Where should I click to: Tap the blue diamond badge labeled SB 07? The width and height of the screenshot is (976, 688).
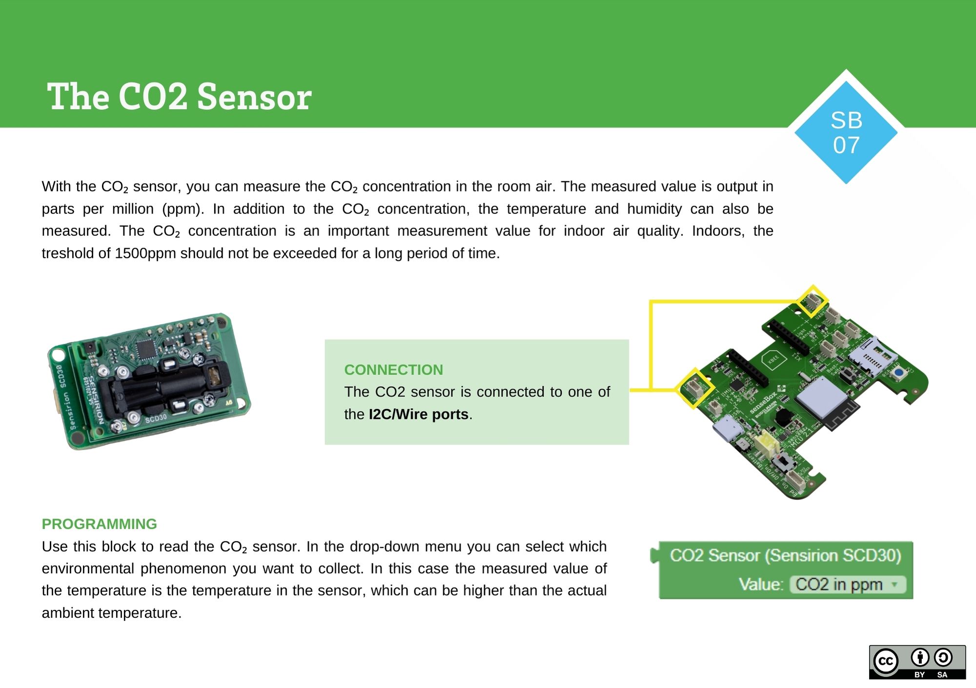846,133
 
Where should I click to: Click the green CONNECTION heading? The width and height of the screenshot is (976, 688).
393,370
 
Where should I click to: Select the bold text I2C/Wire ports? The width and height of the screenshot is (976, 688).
419,414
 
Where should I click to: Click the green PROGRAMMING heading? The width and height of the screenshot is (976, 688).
99,524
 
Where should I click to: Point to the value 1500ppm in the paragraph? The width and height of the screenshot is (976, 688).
145,253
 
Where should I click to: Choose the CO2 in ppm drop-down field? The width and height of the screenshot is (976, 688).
847,584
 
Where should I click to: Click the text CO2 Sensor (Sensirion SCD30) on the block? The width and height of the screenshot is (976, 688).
785,556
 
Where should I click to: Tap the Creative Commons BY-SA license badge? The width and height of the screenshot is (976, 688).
917,662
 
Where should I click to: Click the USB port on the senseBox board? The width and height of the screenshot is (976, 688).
727,429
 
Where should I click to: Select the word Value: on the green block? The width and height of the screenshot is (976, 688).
761,584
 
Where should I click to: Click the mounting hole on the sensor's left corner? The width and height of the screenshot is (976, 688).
58,354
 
